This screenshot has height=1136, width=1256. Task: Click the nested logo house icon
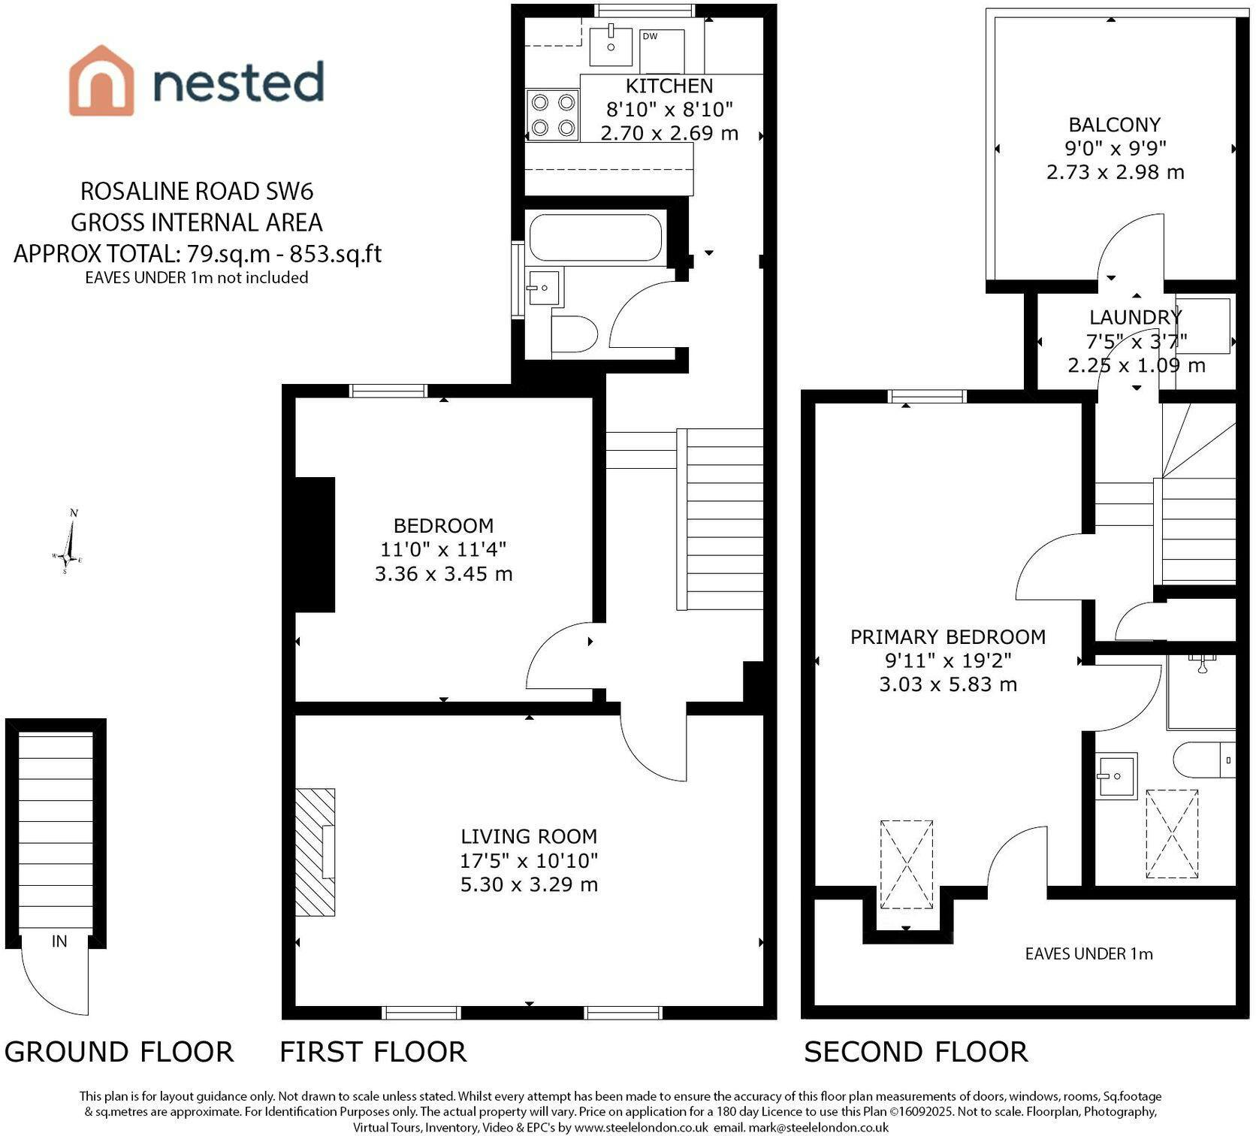pos(101,80)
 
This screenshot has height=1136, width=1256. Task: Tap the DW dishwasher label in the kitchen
pos(650,36)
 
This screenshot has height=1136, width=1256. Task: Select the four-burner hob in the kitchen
pos(553,115)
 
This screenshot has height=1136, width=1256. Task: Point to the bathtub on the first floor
pos(596,237)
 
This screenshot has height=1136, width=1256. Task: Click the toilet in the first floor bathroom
pos(574,334)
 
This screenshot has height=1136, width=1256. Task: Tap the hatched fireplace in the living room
pos(316,852)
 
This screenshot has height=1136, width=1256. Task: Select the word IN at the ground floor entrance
pos(59,941)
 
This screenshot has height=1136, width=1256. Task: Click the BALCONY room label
pos(1115,125)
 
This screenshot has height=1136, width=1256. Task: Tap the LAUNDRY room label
pos(1135,318)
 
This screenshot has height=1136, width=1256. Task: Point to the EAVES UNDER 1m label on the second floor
pos(1088,953)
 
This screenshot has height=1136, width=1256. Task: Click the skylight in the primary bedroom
pos(907,865)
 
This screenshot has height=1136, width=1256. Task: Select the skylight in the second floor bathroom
pos(1172,834)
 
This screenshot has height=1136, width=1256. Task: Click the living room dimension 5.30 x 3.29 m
pos(529,884)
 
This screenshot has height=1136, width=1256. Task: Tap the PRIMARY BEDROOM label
pos(948,637)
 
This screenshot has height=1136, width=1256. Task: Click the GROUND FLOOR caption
pos(119,1052)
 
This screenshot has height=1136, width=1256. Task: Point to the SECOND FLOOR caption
pos(916,1052)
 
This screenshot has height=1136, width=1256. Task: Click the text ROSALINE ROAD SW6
pos(197,192)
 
